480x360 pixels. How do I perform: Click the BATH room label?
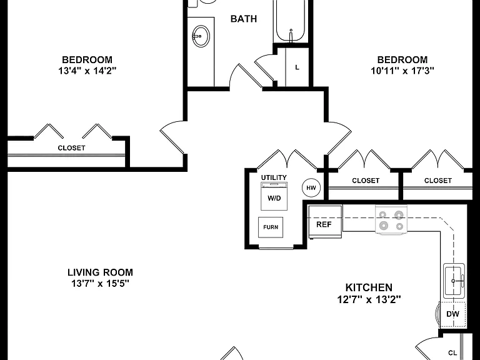243,19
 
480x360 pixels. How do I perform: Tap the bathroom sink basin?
201,36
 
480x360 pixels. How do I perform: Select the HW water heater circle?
311,187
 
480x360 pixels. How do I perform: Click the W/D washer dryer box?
274,196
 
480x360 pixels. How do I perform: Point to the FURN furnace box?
271,227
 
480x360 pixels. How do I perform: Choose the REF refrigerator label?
324,224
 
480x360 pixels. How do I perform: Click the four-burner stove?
391,221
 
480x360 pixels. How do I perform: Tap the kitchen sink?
454,281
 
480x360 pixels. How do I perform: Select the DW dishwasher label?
452,314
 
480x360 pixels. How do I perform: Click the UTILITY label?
274,177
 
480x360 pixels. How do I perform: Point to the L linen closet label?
297,67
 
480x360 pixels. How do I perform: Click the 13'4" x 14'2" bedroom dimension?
87,71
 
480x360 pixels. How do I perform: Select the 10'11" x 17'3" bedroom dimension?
402,71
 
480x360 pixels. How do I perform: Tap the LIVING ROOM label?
100,272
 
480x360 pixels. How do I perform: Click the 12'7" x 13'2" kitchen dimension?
369,299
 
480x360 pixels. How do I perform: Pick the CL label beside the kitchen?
452,353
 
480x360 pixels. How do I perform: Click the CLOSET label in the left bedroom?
71,148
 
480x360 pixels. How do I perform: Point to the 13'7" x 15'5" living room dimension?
100,284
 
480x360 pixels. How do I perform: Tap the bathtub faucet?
291,35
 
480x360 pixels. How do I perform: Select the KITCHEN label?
369,287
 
